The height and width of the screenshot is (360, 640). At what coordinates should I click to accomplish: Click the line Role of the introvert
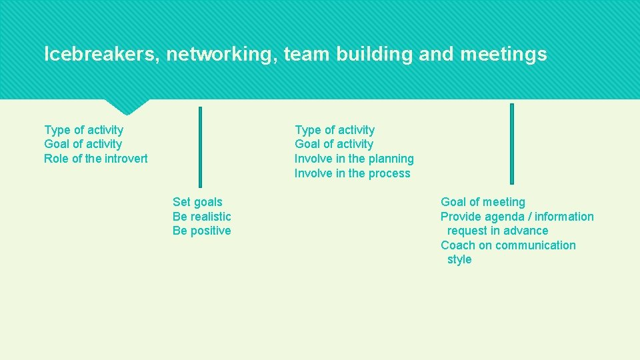pyautogui.click(x=96, y=159)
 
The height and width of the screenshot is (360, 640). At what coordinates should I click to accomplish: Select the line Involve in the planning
pyautogui.click(x=354, y=159)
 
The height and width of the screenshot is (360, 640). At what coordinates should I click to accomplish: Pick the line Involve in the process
pyautogui.click(x=353, y=173)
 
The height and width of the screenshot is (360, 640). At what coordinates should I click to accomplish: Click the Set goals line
pyautogui.click(x=197, y=202)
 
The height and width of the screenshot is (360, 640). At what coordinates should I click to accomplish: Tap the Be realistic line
pyautogui.click(x=202, y=217)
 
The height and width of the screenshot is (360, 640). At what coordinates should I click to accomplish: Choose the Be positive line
pyautogui.click(x=202, y=231)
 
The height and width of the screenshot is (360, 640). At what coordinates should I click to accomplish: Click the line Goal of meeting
pyautogui.click(x=483, y=202)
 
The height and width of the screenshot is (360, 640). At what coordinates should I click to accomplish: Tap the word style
pyautogui.click(x=459, y=260)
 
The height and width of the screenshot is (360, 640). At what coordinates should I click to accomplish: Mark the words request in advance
pyautogui.click(x=498, y=231)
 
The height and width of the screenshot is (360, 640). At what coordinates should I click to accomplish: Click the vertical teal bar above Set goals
pyautogui.click(x=200, y=147)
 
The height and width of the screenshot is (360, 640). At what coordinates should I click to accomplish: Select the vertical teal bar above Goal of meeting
pyautogui.click(x=512, y=143)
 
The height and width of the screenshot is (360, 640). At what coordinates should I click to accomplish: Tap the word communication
pyautogui.click(x=535, y=245)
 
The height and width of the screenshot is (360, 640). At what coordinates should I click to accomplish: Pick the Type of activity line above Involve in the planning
pyautogui.click(x=335, y=130)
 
